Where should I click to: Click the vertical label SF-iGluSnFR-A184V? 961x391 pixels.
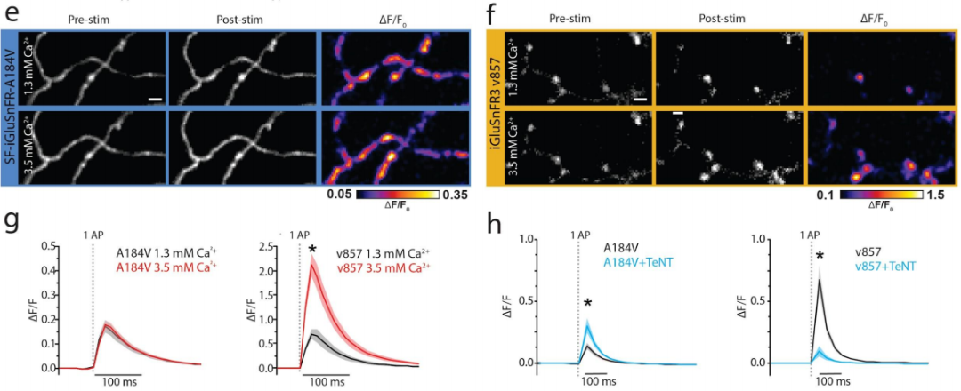[x=9, y=107]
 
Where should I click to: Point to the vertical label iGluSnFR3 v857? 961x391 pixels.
[x=495, y=107]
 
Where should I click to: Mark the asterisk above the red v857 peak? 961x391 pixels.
[x=312, y=249]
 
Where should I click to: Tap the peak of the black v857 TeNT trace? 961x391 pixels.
[x=820, y=280]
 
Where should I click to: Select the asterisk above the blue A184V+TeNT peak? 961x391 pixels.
[x=587, y=305]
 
